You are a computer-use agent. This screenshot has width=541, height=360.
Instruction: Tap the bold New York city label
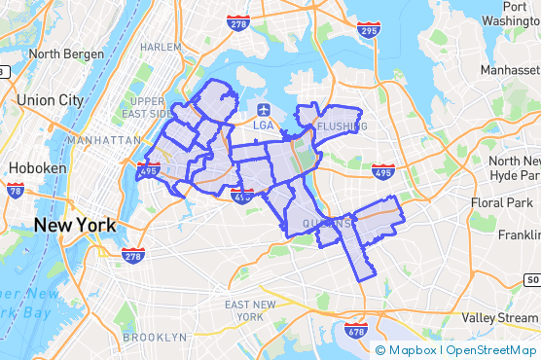75,225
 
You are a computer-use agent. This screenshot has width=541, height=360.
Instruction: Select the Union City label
50,99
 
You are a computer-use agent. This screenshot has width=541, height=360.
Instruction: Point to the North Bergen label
64,54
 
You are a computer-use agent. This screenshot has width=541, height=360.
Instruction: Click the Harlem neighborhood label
161,47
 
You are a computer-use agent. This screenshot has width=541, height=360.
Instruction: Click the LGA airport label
264,126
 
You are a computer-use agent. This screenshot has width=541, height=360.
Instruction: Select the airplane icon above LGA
264,108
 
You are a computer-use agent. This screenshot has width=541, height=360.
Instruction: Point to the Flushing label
342,126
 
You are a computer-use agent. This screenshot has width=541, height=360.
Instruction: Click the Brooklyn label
155,338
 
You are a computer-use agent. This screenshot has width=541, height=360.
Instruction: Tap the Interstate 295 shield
369,31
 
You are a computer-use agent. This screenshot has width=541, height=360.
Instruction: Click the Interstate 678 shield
356,332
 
